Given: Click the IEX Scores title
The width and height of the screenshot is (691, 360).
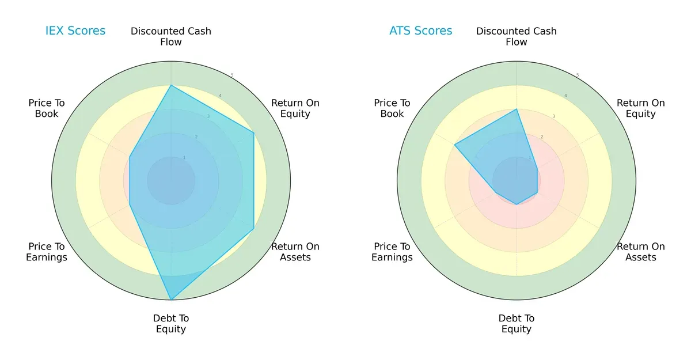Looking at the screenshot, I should coord(75,31).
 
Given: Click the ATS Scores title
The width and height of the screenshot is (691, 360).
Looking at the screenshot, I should coord(421,31).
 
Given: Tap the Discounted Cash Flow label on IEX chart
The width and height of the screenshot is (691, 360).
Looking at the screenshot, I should coord(171,36).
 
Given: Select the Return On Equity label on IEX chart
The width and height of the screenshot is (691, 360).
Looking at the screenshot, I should coord(295,108).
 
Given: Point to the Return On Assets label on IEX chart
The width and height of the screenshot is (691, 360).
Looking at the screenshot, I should coord(295,252).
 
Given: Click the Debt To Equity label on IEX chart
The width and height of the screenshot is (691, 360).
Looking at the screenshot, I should coord(171,324).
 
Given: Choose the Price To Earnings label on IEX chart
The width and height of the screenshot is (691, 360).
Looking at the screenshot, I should coord(47,252).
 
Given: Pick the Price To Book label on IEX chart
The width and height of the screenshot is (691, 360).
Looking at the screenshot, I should coord(47,108).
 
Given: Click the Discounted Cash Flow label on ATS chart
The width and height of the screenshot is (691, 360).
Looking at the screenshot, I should coord(517,36).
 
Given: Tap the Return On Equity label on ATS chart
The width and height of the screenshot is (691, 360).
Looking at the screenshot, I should coord(641,108).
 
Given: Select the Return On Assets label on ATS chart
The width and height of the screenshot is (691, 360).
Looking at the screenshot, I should coord(641,252).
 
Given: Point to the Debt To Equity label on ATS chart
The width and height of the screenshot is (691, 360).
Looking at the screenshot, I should coord(517,324).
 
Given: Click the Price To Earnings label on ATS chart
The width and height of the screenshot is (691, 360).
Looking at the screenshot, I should coord(392,252).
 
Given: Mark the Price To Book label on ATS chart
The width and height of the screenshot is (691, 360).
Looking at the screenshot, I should coord(392,108).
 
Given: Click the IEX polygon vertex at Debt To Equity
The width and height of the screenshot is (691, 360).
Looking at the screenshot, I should coord(171,300).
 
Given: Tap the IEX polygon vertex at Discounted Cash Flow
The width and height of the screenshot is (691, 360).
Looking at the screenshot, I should coord(171,85).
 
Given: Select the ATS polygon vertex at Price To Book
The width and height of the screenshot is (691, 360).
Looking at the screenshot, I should coord(454,145).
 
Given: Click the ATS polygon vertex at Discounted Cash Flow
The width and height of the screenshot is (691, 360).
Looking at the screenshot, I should coord(517,109).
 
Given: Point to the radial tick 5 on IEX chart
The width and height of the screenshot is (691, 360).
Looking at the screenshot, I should coord(232,75).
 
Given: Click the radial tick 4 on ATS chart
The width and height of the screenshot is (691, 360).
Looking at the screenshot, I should coord(565,96).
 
